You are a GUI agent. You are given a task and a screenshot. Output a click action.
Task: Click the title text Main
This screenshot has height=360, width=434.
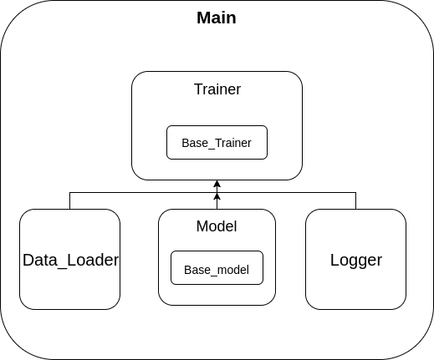tap(216, 18)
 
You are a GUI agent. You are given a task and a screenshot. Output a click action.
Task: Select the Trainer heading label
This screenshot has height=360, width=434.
tap(217, 89)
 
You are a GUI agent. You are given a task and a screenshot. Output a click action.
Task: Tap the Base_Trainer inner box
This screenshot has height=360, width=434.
tap(217, 143)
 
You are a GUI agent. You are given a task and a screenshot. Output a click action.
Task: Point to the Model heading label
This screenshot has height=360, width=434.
tap(217, 226)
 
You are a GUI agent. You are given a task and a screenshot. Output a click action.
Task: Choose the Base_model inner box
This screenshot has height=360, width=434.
tap(217, 270)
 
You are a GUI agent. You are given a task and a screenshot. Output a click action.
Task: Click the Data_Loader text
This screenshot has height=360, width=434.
tap(70, 260)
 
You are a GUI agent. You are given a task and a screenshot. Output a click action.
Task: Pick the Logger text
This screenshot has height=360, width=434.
tap(356, 260)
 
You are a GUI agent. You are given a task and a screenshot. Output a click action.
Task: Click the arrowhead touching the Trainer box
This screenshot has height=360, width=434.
tap(217, 184)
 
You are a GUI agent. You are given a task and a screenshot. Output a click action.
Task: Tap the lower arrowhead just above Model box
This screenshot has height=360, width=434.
tap(217, 197)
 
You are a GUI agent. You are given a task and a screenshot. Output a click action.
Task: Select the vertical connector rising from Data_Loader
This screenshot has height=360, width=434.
tap(69, 200)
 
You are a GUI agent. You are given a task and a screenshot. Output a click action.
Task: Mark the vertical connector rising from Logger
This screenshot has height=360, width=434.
tap(356, 200)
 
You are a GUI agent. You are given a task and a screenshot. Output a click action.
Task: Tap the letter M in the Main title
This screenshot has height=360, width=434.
tap(203, 18)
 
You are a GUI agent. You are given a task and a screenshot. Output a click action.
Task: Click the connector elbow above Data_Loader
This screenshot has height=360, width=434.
tap(69, 192)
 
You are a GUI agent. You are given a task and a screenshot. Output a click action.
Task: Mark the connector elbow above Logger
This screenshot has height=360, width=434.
tap(356, 192)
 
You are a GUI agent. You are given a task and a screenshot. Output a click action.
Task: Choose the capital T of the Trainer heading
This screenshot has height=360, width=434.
tap(197, 89)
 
